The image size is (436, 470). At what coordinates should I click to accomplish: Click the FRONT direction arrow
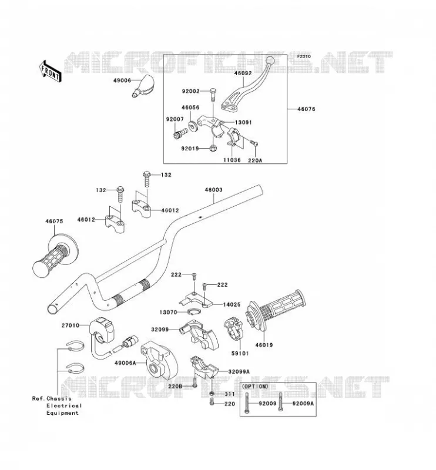point(51,71)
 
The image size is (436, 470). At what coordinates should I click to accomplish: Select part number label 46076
point(306,109)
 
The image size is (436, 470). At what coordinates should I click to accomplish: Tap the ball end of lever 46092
point(270,61)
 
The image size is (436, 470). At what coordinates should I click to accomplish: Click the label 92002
point(191,91)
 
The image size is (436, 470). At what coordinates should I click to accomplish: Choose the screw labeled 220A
point(255,143)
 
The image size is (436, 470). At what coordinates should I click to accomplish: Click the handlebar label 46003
point(213,190)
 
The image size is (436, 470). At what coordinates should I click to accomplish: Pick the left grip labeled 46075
point(55,254)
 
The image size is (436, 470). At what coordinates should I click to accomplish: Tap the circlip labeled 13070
point(193,313)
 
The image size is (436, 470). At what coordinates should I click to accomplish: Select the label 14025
point(232,304)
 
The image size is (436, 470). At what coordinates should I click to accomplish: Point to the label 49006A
point(125,363)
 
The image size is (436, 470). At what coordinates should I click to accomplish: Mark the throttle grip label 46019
point(264,345)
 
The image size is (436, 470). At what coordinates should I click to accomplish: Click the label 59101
point(240,354)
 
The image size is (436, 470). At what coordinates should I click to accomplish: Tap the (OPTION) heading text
point(255,387)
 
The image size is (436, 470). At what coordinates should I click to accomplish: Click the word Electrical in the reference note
point(64,406)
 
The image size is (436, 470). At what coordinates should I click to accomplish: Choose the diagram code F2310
point(304,56)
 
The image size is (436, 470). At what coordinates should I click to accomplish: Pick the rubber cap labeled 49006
point(143,86)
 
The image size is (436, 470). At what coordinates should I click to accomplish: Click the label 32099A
point(239,372)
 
